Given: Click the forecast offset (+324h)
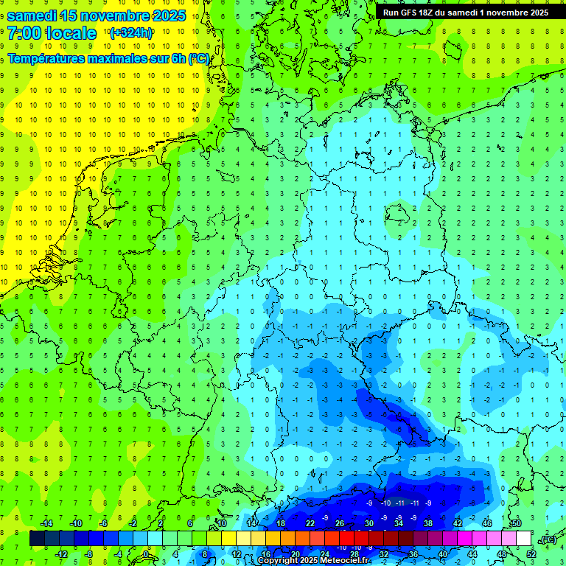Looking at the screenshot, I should pyautogui.click(x=131, y=33).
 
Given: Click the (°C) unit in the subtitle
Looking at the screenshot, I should pyautogui.click(x=198, y=58).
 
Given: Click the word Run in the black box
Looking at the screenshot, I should pyautogui.click(x=392, y=12).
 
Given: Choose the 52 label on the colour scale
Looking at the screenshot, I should pyautogui.click(x=531, y=554).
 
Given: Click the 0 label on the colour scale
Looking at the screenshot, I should pyautogui.click(x=146, y=554).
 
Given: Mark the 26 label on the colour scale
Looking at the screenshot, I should pyautogui.click(x=340, y=523).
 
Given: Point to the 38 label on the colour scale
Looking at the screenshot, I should pyautogui.click(x=427, y=523).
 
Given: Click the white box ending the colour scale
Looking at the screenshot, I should pyautogui.click(x=524, y=539).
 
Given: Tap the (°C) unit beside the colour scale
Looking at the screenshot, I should pyautogui.click(x=548, y=540).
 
